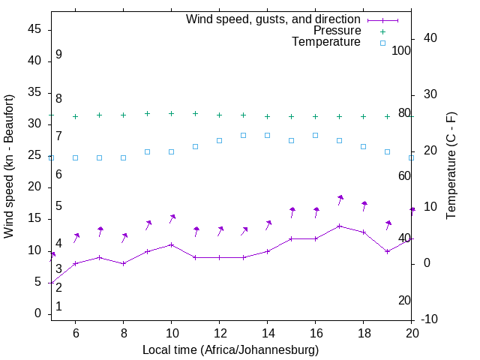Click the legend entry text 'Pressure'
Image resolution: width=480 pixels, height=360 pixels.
point(337,31)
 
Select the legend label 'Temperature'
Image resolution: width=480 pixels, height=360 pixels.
point(326,42)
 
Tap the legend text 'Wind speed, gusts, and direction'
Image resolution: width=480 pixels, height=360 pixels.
point(274,19)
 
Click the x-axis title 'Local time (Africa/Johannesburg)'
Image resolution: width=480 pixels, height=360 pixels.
point(230,350)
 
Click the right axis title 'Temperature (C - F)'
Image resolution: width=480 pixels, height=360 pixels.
point(451,166)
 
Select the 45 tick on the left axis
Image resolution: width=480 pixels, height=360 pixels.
point(34,29)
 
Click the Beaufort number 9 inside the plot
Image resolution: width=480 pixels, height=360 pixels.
point(58,55)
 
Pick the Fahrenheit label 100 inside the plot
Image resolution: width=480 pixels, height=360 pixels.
point(401,50)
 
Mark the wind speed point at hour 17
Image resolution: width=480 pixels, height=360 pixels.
point(339,226)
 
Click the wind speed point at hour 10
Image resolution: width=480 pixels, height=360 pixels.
point(171,244)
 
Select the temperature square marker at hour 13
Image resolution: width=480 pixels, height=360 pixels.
point(243,135)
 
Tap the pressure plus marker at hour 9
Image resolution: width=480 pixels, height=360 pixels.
point(147,114)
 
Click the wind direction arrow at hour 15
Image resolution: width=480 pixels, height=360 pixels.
point(291,213)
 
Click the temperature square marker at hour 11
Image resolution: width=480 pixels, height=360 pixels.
point(195,146)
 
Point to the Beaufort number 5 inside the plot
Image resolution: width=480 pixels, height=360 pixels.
point(58,206)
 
